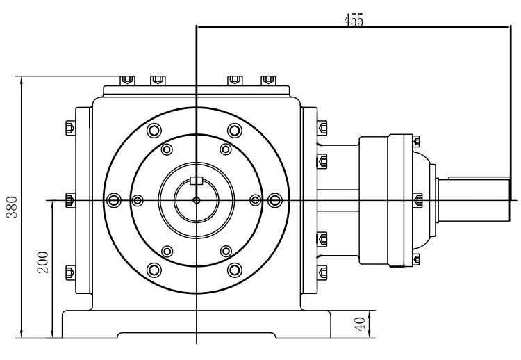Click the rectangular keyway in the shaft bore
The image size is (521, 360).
point(197,182)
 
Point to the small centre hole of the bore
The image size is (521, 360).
point(197,201)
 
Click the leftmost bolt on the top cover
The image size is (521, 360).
point(126,79)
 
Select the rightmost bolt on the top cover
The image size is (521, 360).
point(267,79)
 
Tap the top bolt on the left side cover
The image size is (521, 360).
point(69,128)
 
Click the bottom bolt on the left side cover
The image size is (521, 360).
point(69,272)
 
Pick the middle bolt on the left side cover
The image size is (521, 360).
point(69,201)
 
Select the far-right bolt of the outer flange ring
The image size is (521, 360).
point(275,201)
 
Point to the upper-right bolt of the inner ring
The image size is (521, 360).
point(225,149)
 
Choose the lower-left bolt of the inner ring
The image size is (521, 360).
point(167,251)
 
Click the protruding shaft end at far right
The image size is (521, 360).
point(479,200)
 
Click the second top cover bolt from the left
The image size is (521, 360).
point(157,79)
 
